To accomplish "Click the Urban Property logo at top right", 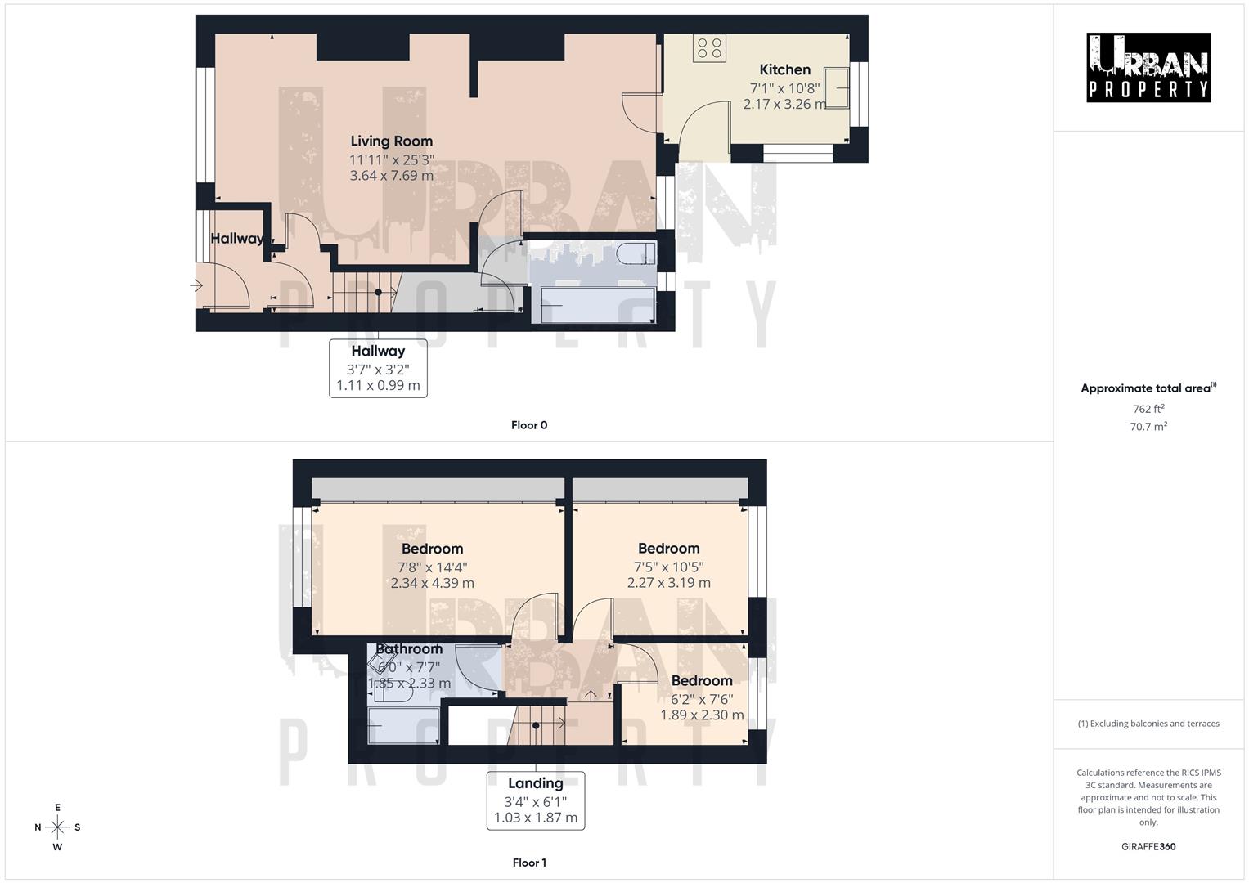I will [1148, 68].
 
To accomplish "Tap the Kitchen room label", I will [784, 70].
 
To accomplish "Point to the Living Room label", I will [391, 141].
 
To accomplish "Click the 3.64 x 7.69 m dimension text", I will [391, 176].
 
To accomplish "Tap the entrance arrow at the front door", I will [196, 285].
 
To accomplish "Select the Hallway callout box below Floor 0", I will [378, 368].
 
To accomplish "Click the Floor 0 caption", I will [529, 425].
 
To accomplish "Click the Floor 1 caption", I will [529, 863].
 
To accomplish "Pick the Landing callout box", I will [536, 800].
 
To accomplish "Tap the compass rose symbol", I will [57, 827].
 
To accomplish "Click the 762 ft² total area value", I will [1148, 409].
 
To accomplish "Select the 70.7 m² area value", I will [1148, 427].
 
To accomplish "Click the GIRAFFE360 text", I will [1148, 847].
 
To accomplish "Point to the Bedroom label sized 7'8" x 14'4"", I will [432, 549].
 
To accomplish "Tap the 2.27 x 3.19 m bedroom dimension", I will [668, 584].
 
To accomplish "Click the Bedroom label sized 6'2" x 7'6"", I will [702, 681].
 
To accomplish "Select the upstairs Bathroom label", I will [409, 649].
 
